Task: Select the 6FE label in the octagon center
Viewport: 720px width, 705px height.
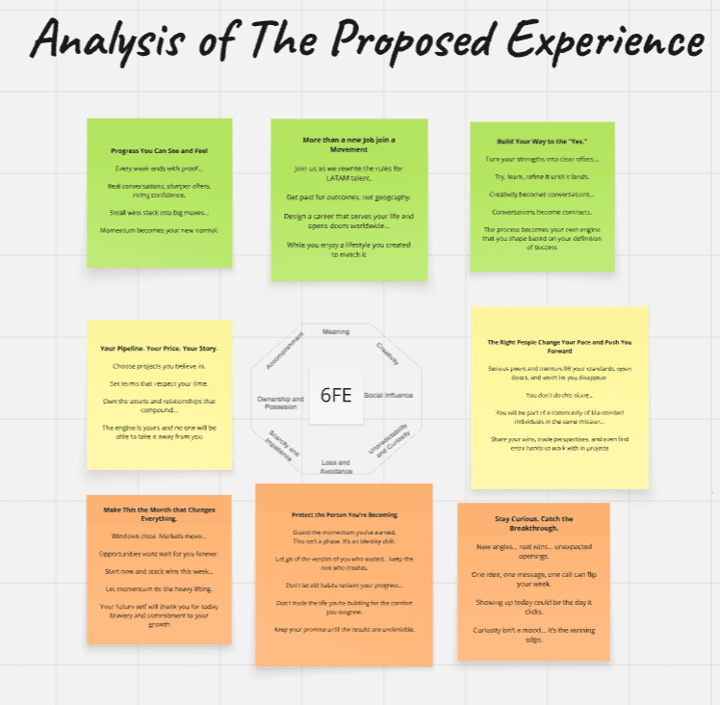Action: coord(336,395)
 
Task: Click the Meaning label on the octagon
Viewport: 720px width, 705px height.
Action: coord(336,330)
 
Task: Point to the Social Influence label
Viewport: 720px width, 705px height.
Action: coord(388,395)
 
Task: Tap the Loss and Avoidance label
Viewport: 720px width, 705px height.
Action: coord(335,465)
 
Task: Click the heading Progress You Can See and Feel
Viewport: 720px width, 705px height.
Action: coord(160,151)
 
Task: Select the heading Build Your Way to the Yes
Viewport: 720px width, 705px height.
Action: coord(541,141)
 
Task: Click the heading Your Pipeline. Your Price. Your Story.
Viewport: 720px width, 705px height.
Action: coord(160,348)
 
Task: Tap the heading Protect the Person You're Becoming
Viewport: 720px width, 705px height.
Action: coord(344,514)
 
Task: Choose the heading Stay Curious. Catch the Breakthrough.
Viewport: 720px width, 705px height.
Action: coord(533,525)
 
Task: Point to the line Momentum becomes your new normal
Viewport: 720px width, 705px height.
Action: coord(160,230)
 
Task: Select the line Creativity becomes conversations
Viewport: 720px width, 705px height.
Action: coord(541,194)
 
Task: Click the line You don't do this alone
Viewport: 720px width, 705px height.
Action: coord(559,395)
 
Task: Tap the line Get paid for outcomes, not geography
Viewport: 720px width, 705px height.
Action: coord(348,196)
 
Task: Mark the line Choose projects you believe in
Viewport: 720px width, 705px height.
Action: coord(160,366)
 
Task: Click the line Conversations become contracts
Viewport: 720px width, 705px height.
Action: coord(541,212)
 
